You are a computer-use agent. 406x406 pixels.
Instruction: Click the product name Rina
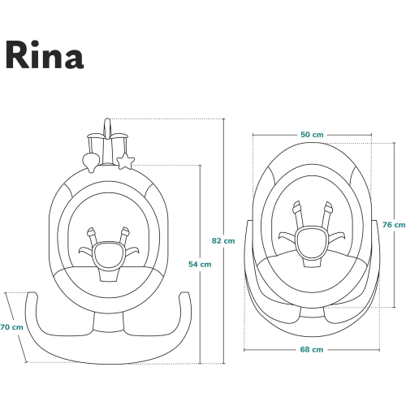[x=45, y=55]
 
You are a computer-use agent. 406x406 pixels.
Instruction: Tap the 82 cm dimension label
[x=223, y=240]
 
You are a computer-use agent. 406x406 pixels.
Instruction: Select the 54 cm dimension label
[x=200, y=264]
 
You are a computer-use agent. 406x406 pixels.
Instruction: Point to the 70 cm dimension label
[x=11, y=327]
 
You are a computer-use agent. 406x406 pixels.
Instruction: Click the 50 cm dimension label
[x=312, y=135]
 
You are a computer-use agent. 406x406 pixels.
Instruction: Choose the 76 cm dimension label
[x=394, y=225]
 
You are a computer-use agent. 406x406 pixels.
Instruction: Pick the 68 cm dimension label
[x=312, y=349]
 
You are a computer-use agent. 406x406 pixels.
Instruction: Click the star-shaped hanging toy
[x=125, y=162]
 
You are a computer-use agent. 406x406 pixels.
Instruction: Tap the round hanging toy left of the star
[x=91, y=162]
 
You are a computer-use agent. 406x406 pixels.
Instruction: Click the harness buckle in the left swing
[x=108, y=255]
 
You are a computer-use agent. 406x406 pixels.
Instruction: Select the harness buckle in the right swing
[x=311, y=241]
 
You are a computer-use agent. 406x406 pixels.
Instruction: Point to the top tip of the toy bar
[x=107, y=119]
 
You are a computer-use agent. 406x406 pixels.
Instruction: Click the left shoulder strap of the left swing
[x=92, y=236]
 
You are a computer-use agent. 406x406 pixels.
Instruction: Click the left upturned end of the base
[x=32, y=295]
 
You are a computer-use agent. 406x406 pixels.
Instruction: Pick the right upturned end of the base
[x=184, y=295]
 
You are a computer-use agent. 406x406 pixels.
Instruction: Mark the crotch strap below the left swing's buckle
[x=109, y=274]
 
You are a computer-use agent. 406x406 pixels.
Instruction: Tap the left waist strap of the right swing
[x=287, y=235]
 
